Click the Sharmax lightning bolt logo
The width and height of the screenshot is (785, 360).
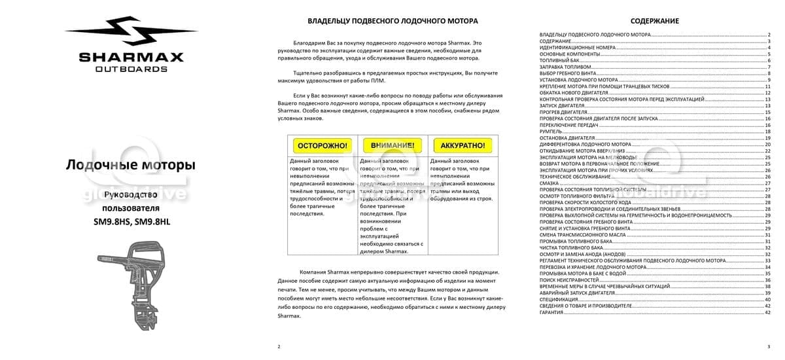point(131,33)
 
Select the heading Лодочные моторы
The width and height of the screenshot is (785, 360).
point(130,165)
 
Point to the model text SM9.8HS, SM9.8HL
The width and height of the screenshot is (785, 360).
point(131,221)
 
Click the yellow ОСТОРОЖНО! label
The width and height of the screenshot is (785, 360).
point(322,145)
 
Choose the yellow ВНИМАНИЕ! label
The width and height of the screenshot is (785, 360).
point(392,145)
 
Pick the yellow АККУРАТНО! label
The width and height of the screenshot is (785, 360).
point(462,145)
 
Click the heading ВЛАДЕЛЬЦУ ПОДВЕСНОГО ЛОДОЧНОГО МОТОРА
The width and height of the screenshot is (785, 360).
point(392,21)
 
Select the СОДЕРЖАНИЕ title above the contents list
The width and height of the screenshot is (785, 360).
point(654,21)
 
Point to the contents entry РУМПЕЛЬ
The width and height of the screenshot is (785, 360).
point(550,132)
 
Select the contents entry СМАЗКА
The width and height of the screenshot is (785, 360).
point(549,183)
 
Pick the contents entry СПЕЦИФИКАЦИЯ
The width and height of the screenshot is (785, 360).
point(559,299)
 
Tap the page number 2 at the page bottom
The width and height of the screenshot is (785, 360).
point(279,346)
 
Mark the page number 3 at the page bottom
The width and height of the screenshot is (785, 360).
point(768,346)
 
